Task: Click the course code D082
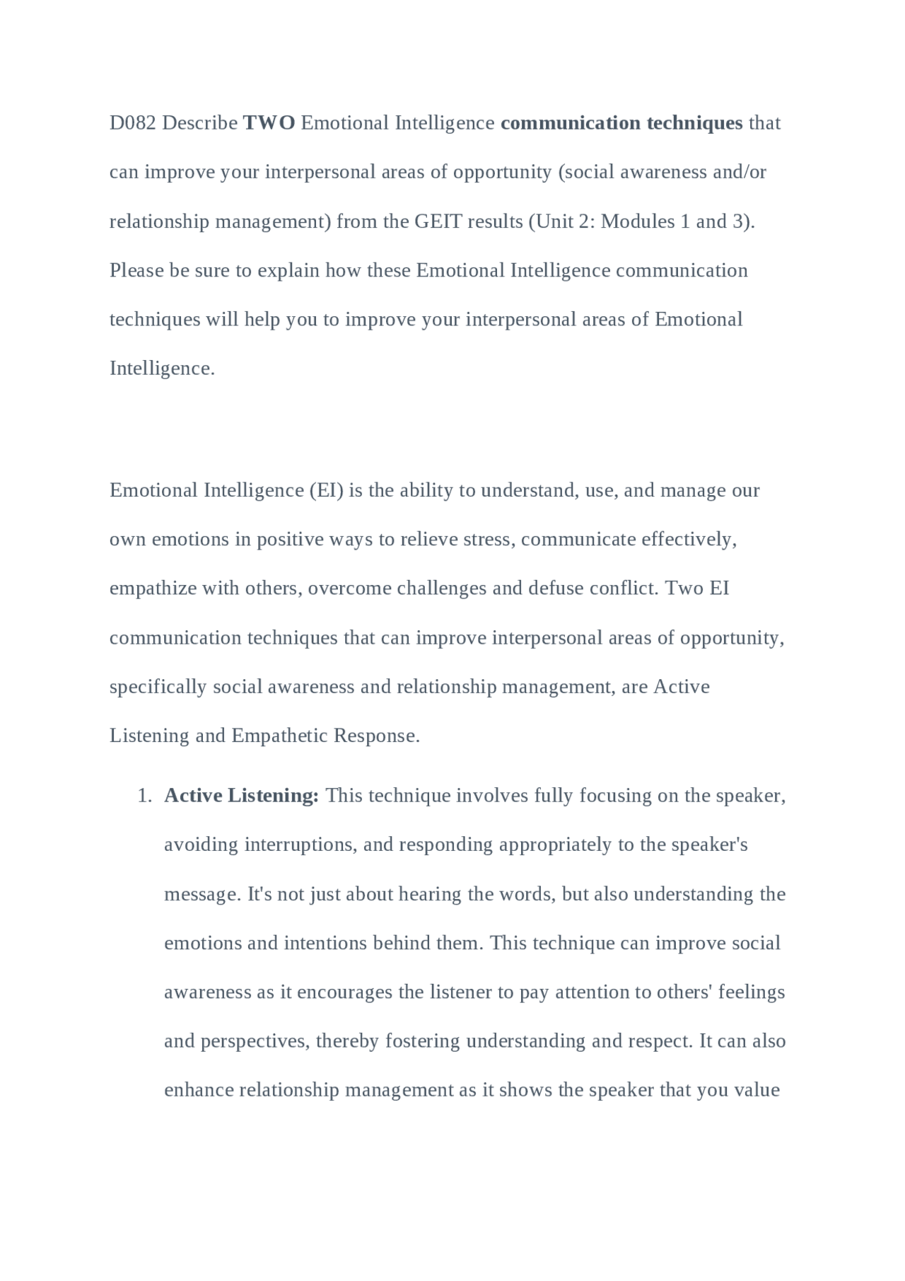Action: pos(133,123)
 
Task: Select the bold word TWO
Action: pos(269,123)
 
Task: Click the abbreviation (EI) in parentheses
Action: pos(327,490)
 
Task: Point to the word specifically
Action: pos(158,687)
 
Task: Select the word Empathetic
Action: pos(279,736)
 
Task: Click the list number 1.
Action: pos(144,796)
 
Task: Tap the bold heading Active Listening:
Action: pos(241,796)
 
